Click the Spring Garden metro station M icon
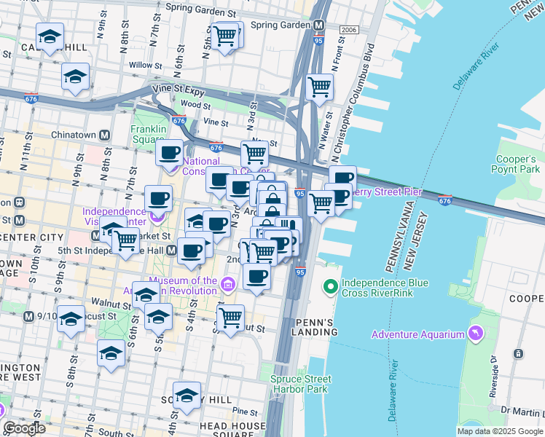319,25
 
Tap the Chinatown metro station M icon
105,135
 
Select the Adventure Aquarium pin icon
476,334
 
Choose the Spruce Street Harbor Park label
300,384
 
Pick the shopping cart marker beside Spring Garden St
225,34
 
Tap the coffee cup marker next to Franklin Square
170,153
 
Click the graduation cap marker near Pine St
187,395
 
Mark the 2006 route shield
350,29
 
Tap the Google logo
25,428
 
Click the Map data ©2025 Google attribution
499,431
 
